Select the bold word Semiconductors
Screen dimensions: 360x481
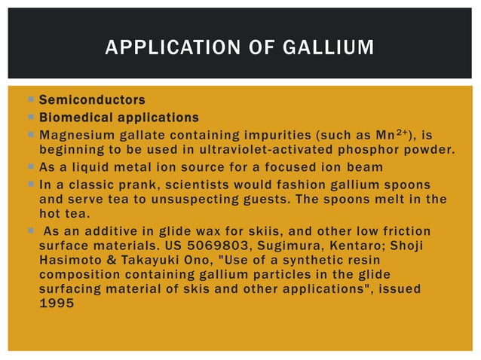point(92,99)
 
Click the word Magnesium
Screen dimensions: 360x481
point(72,136)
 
